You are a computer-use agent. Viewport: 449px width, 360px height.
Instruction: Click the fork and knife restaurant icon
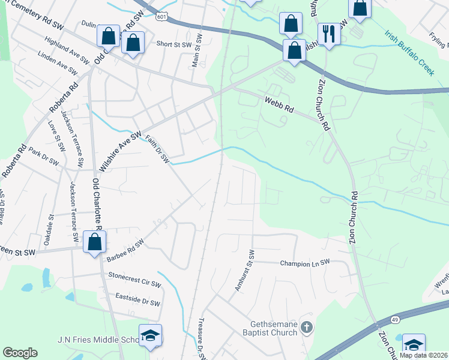click(328, 34)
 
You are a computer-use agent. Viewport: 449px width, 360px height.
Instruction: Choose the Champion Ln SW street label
click(305, 263)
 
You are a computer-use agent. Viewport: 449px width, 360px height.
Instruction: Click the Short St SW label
click(172, 44)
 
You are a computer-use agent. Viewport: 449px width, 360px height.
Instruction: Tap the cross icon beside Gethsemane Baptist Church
click(307, 328)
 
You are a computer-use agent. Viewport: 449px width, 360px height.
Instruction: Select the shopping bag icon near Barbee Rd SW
click(95, 242)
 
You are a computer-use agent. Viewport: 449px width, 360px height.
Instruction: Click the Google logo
click(20, 353)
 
